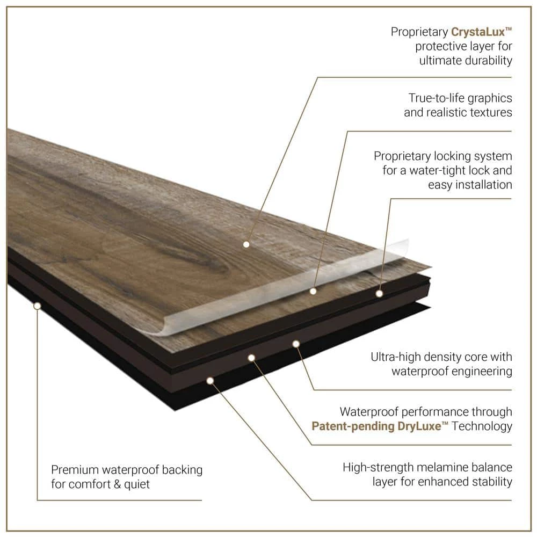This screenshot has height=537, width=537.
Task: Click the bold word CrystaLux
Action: point(478,32)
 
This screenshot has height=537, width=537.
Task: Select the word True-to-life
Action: point(436,98)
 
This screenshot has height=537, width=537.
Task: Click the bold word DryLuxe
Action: point(419,426)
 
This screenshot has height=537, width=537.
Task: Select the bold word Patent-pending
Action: point(353,427)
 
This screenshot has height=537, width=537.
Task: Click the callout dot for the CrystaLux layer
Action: point(246,244)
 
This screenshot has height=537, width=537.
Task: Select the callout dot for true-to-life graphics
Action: point(313,292)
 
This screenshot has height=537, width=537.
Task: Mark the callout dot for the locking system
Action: point(379,294)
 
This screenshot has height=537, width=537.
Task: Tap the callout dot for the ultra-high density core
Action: point(296,344)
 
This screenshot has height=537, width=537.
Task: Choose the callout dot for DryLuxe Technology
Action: point(251,358)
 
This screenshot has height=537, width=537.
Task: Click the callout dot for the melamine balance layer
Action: point(211,381)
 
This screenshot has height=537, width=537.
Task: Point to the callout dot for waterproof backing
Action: point(38,306)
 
